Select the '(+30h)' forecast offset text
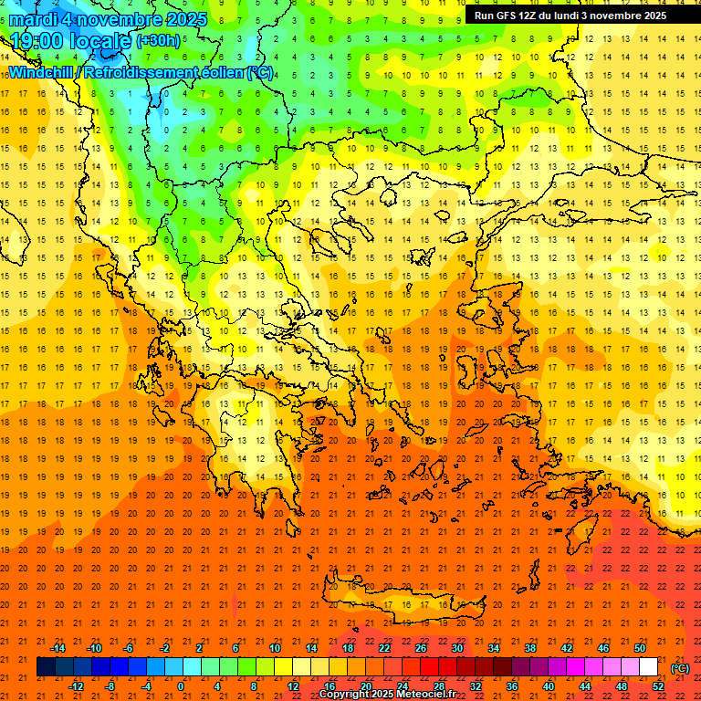[158, 40]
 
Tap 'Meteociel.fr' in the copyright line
[429, 695]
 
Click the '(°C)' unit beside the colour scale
[680, 668]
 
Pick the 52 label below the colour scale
[658, 686]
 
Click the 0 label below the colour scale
[182, 686]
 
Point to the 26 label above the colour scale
[421, 648]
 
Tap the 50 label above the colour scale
[640, 648]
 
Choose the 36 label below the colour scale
[512, 686]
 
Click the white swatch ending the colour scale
[649, 667]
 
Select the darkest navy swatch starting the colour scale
[47, 667]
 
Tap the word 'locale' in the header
[101, 41]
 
